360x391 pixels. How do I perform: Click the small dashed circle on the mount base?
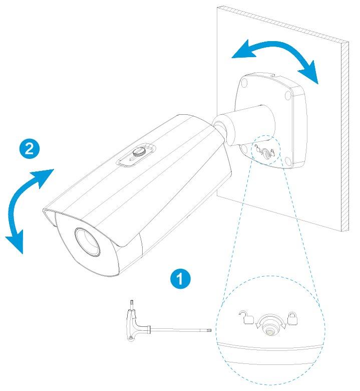[264, 149]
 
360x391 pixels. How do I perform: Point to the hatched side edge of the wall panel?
[344, 135]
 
